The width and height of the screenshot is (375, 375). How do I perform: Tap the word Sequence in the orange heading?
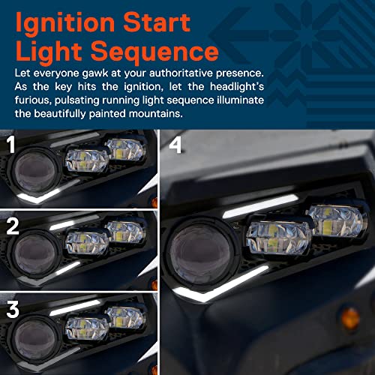pos(154,52)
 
